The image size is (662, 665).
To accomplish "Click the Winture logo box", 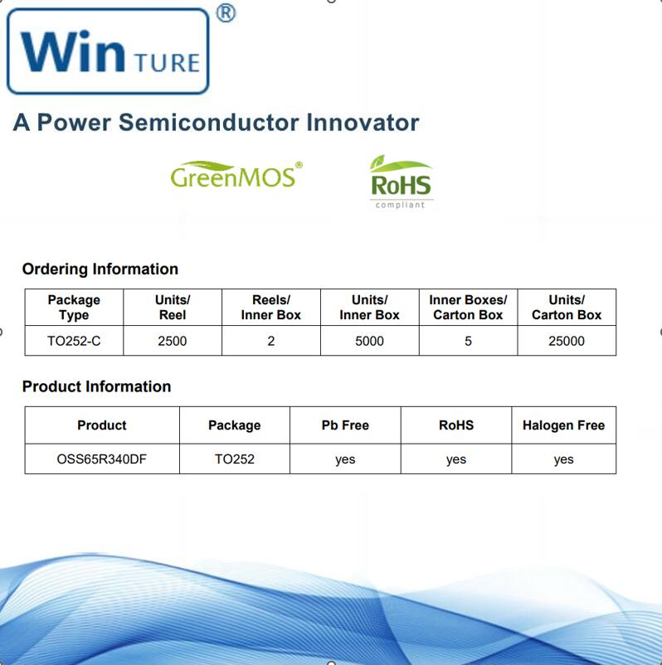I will tap(108, 51).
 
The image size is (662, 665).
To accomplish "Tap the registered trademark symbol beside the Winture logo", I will tap(225, 13).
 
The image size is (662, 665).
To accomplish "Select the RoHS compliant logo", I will tap(402, 182).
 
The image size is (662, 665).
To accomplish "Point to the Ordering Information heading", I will tap(100, 269).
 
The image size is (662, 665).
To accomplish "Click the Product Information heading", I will tap(96, 386).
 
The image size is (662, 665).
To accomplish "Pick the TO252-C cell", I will tap(74, 341).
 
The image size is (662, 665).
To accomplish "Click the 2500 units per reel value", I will tap(173, 341).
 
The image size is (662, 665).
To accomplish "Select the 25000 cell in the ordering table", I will tap(567, 341).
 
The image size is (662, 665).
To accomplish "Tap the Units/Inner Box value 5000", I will tap(369, 341).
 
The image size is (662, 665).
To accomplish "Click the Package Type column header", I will tap(74, 308).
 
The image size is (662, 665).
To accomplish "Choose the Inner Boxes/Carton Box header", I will tap(468, 308).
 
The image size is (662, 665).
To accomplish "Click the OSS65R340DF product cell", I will tap(102, 459).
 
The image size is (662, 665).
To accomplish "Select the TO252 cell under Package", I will tap(234, 459).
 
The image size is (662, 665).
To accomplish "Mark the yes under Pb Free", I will tap(345, 459).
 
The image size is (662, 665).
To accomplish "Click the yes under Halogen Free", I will tap(563, 459).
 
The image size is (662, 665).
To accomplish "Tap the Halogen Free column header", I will tap(563, 425).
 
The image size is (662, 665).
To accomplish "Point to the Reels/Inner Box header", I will tap(271, 308).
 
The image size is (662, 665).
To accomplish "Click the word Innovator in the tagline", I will tap(363, 123).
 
